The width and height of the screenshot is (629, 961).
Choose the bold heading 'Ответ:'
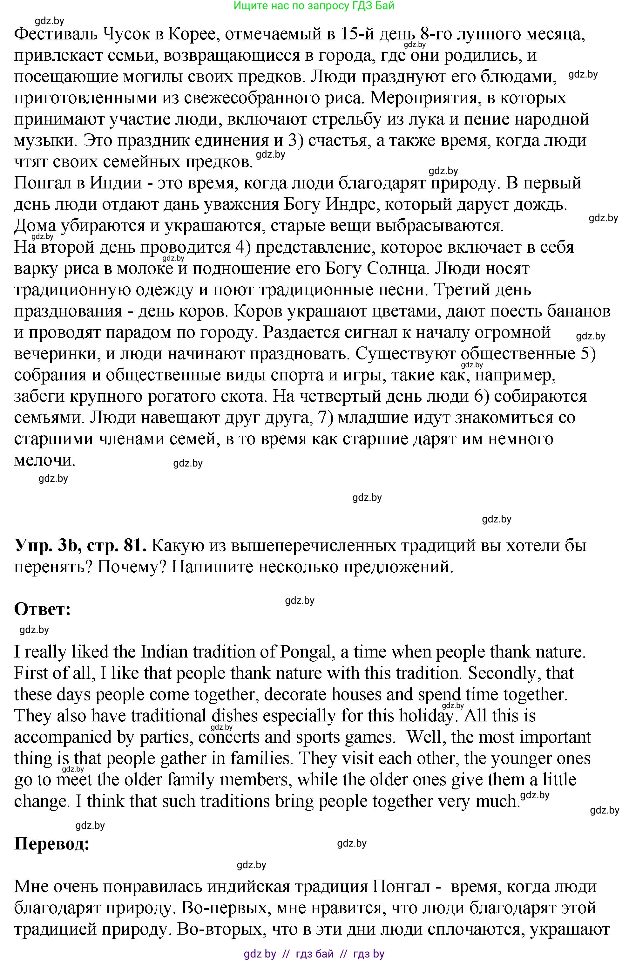pyautogui.click(x=42, y=609)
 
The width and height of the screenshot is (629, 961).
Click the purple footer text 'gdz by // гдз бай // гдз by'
pyautogui.click(x=314, y=954)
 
